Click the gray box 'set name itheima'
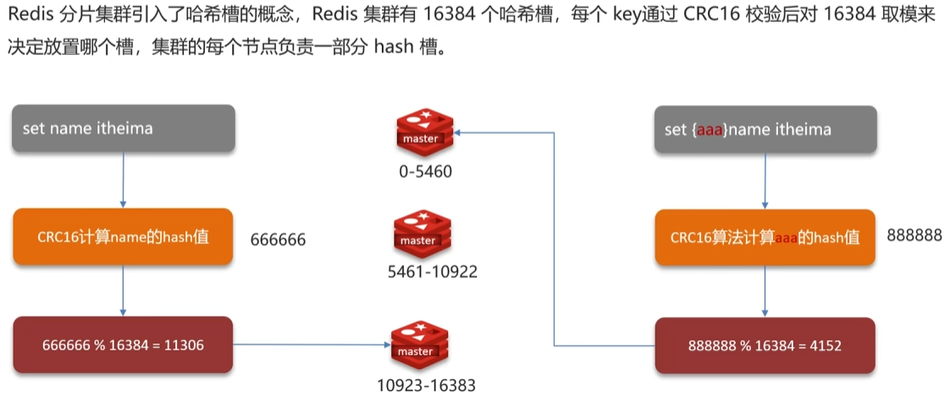pyautogui.click(x=123, y=129)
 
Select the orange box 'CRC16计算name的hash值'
pyautogui.click(x=123, y=237)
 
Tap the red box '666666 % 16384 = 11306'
pyautogui.click(x=123, y=345)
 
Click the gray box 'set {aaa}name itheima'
pyautogui.click(x=765, y=129)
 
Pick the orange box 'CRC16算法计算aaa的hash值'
pyautogui.click(x=765, y=238)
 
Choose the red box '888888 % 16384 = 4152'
pyautogui.click(x=765, y=345)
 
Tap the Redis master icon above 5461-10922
pyautogui.click(x=417, y=234)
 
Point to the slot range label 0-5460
pyautogui.click(x=425, y=172)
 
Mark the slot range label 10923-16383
pyautogui.click(x=426, y=385)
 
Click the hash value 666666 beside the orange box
pyautogui.click(x=278, y=240)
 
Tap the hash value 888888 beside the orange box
pyautogui.click(x=914, y=235)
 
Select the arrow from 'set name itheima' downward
pyautogui.click(x=124, y=179)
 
